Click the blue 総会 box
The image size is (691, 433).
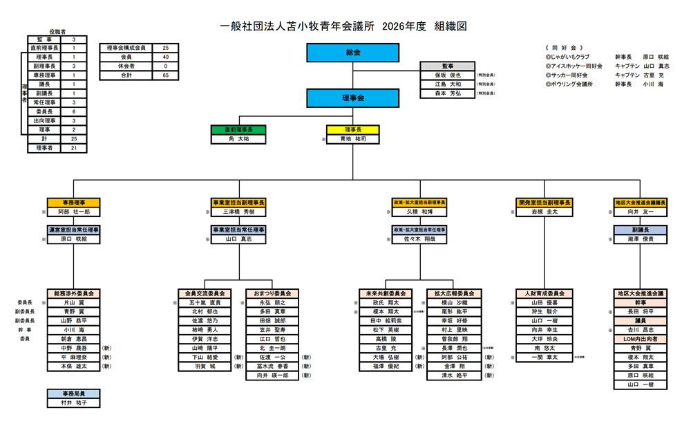352,53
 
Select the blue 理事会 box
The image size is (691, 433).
352,98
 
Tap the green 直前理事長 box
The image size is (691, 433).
238,129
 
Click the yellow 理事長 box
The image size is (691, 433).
352,129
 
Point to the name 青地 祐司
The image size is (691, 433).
352,139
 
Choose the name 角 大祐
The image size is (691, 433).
238,139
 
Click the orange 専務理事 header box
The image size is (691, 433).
74,203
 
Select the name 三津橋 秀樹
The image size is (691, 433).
238,212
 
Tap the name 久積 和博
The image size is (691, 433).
419,212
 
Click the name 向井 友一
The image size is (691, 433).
640,212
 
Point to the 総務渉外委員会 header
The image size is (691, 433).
74,293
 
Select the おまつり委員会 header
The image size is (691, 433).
272,293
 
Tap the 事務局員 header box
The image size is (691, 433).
74,393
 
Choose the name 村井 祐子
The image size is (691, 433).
74,403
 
